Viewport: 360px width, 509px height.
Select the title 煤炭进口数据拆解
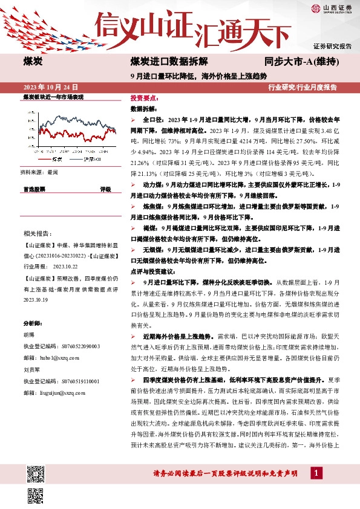[169, 62]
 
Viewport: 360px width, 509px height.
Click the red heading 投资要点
[145, 98]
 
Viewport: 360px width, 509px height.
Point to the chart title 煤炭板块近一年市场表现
[53, 97]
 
